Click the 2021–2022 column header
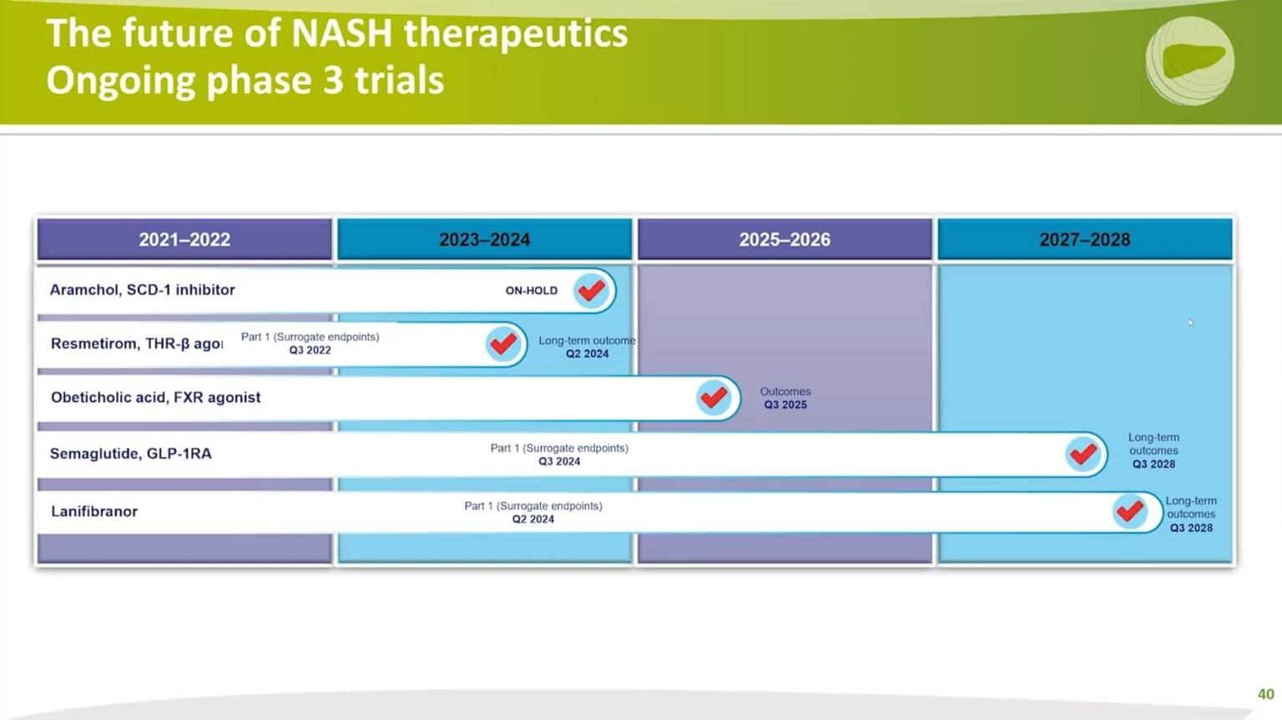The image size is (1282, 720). pos(184,240)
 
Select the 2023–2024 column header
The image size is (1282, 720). pos(484,240)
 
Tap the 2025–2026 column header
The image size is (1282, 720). pos(785,240)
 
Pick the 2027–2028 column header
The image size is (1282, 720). pos(1084,240)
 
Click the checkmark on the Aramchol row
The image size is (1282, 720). pos(592,291)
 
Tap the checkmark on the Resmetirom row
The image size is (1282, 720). pos(503,344)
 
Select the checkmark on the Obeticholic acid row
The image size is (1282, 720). pos(714,398)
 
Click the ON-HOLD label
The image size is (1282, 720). pos(532,291)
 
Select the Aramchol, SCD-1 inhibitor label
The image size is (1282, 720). pos(142,290)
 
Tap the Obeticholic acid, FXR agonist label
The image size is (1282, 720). pos(155,398)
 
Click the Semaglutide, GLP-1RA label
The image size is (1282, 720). pos(130,454)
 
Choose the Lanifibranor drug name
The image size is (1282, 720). pos(94,511)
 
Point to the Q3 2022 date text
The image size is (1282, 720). pos(310,351)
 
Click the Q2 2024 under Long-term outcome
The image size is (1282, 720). pos(587,354)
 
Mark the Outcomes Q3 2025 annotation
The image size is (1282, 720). pos(785,398)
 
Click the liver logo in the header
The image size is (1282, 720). pos(1189,61)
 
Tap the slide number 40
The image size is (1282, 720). pos(1265,694)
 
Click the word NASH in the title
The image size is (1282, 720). pos(342,33)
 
